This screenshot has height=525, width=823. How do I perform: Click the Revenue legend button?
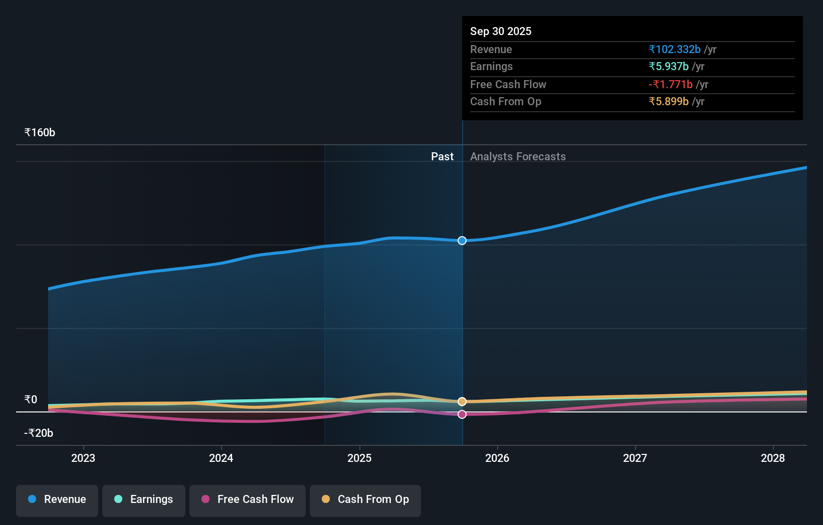[57, 499]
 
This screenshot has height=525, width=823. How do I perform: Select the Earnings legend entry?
[144, 499]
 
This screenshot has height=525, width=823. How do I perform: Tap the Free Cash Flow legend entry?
[248, 499]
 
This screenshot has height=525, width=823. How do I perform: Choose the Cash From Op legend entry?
[365, 499]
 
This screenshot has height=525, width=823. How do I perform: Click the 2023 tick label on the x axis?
[83, 458]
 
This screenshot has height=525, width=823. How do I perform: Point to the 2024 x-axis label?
[221, 458]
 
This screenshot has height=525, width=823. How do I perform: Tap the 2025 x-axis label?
[359, 458]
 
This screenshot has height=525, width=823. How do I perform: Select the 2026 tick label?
[497, 458]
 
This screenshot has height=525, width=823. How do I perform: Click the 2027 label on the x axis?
[635, 458]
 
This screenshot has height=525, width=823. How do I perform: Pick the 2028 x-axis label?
[773, 458]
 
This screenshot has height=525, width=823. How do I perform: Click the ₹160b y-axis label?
[40, 133]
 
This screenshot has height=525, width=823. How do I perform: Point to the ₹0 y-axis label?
[31, 400]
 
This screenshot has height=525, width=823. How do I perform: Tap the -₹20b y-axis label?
[39, 433]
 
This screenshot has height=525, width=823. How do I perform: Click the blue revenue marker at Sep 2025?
[462, 240]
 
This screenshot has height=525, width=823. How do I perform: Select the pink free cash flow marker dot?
[462, 414]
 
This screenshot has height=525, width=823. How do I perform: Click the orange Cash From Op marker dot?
[462, 402]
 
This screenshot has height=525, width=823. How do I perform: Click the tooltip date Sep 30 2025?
[501, 31]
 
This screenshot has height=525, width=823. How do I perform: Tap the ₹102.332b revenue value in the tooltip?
[675, 49]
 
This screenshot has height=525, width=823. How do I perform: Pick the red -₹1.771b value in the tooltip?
[671, 84]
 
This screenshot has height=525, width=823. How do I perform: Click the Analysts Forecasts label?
[518, 157]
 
